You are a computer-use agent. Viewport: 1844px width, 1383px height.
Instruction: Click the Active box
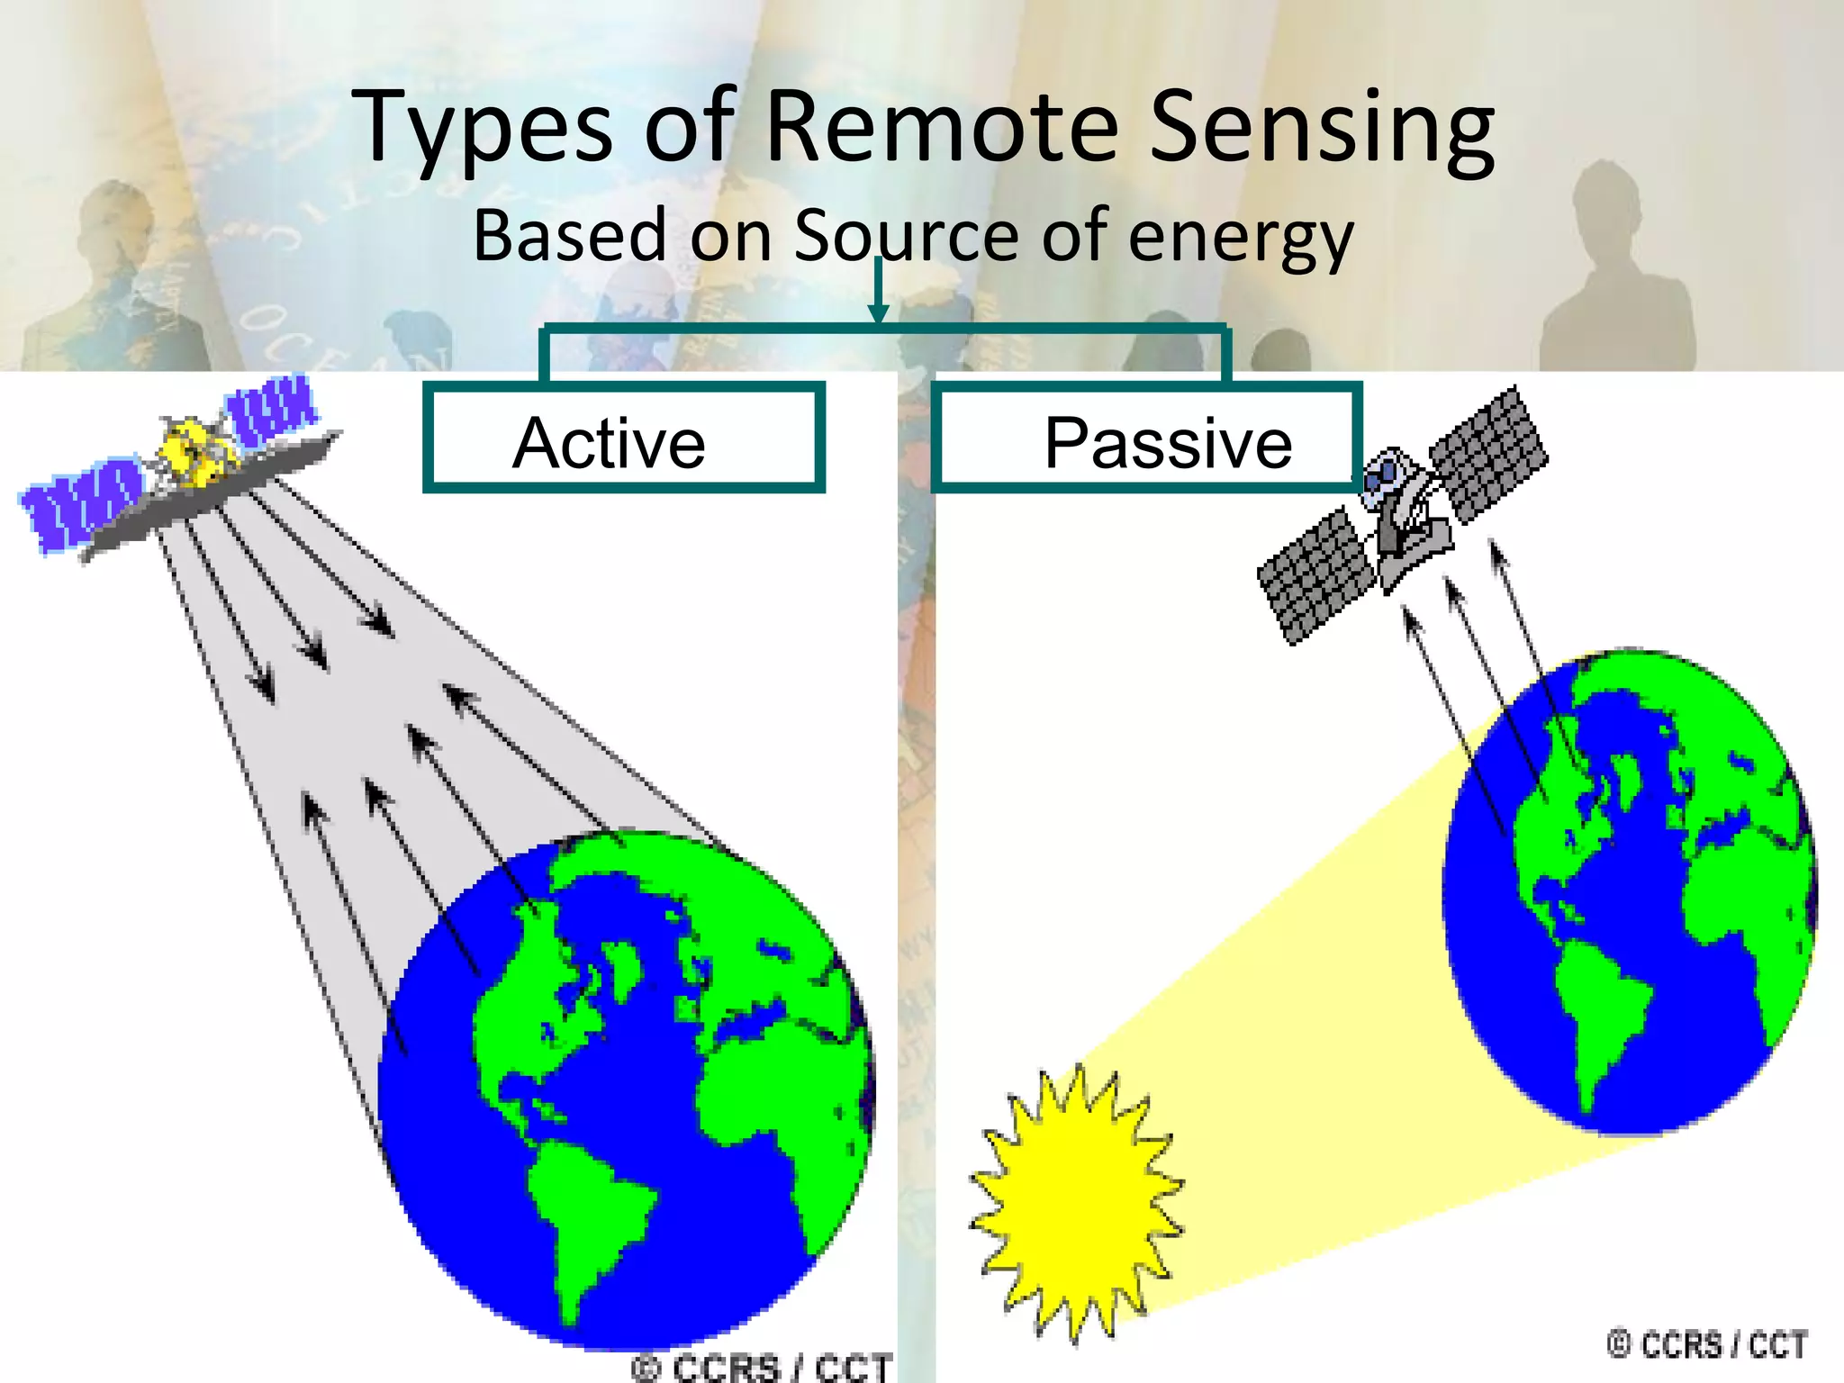(623, 438)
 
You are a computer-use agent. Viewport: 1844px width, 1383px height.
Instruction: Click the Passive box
(1145, 438)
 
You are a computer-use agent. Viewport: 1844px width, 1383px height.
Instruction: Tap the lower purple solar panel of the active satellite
(81, 502)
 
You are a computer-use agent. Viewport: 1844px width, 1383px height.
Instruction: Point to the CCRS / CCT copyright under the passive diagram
(1706, 1345)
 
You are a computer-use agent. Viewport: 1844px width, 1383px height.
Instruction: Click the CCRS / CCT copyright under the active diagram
(761, 1367)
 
